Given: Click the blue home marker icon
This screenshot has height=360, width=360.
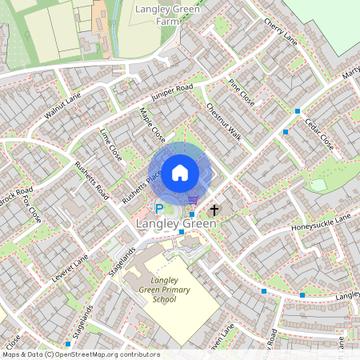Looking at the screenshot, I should pyautogui.click(x=180, y=172).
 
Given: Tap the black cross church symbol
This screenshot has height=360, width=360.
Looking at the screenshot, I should pyautogui.click(x=214, y=210).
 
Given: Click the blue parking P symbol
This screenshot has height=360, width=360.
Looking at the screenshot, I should pyautogui.click(x=158, y=210).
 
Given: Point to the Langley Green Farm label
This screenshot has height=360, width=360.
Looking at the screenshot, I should pyautogui.click(x=166, y=16).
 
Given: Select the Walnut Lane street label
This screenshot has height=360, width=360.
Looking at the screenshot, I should pyautogui.click(x=63, y=106).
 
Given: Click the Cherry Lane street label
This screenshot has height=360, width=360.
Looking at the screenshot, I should pyautogui.click(x=279, y=30).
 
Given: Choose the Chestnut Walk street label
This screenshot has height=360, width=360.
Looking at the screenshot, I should pyautogui.click(x=223, y=121).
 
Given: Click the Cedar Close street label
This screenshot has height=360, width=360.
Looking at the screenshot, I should pyautogui.click(x=319, y=134).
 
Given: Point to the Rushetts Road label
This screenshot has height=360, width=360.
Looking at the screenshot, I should pyautogui.click(x=90, y=181).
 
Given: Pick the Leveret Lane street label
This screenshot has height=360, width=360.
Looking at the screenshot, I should pyautogui.click(x=70, y=262).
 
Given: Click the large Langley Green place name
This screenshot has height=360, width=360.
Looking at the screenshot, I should pyautogui.click(x=176, y=223).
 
